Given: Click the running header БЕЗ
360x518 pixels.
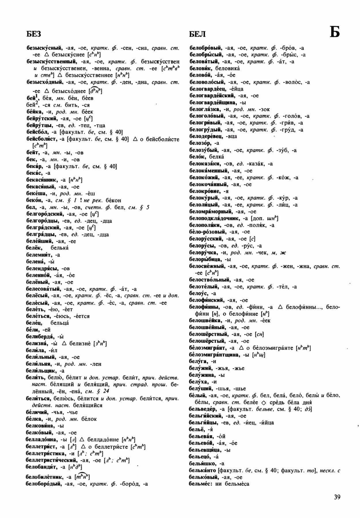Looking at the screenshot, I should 34,34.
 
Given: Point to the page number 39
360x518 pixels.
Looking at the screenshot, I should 338,497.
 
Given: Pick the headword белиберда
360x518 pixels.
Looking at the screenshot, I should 40,336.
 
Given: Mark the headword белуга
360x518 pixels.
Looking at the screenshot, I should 198,361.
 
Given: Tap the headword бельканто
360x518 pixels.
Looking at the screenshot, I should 202,471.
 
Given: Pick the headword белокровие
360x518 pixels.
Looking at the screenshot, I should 205,191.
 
